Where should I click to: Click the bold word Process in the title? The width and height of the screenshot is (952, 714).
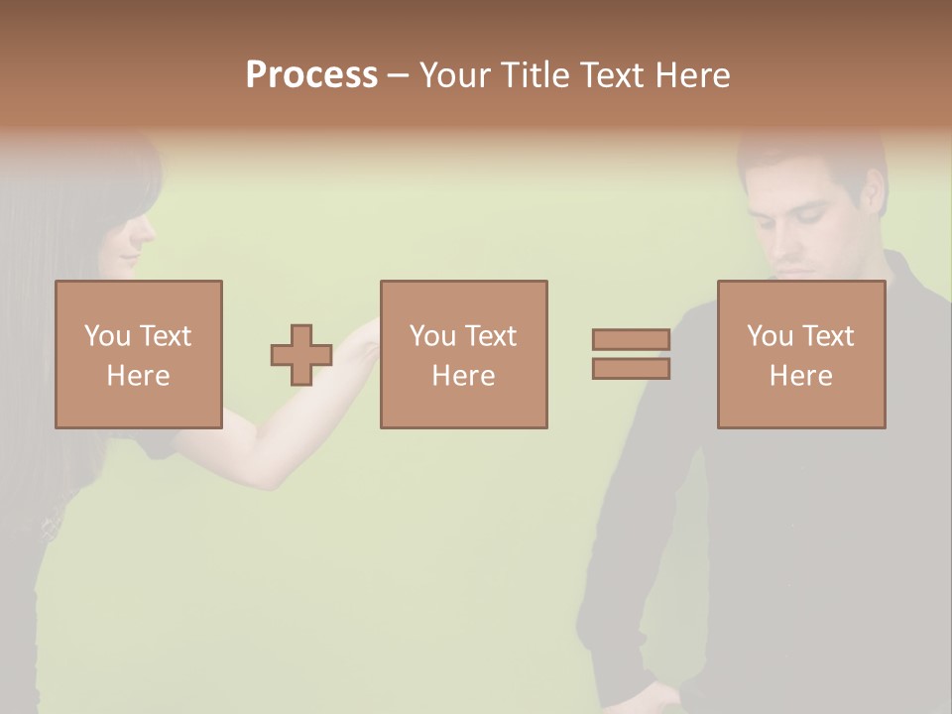pos(311,75)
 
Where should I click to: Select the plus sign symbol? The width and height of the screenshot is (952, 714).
pos(301,355)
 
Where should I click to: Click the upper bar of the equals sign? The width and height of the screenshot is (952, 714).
pos(631,339)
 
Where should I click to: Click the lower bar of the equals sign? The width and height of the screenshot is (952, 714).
pos(631,369)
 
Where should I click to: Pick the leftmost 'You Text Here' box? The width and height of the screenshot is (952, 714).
pos(139,354)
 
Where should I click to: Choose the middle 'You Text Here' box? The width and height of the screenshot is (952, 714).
pos(463,354)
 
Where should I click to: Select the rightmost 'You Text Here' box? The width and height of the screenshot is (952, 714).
pos(801,354)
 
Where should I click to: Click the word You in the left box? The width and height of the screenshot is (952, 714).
pos(107,336)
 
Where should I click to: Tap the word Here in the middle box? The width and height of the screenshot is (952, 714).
pos(463,376)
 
